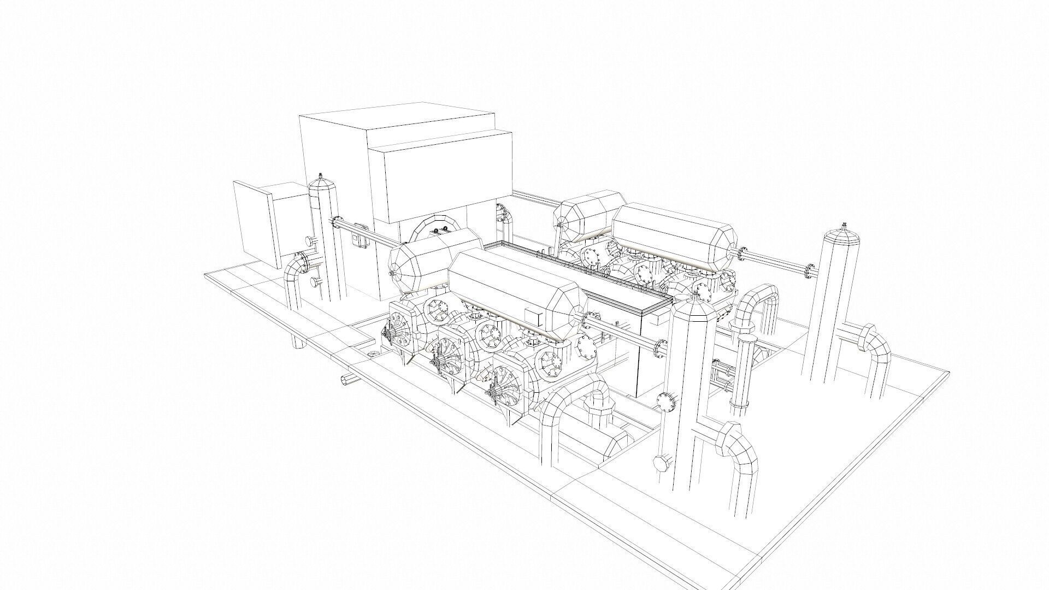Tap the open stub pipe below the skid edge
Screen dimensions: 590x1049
(346, 381)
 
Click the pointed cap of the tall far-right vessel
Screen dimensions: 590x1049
(843, 232)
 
